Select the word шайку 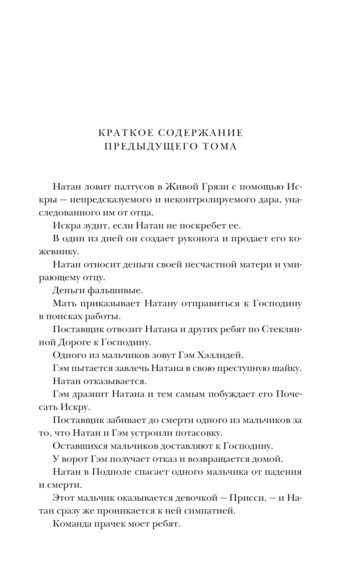(x=288, y=368)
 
